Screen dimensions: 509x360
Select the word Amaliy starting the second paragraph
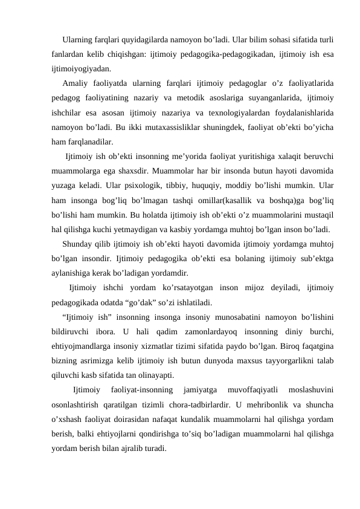click(75, 83)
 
